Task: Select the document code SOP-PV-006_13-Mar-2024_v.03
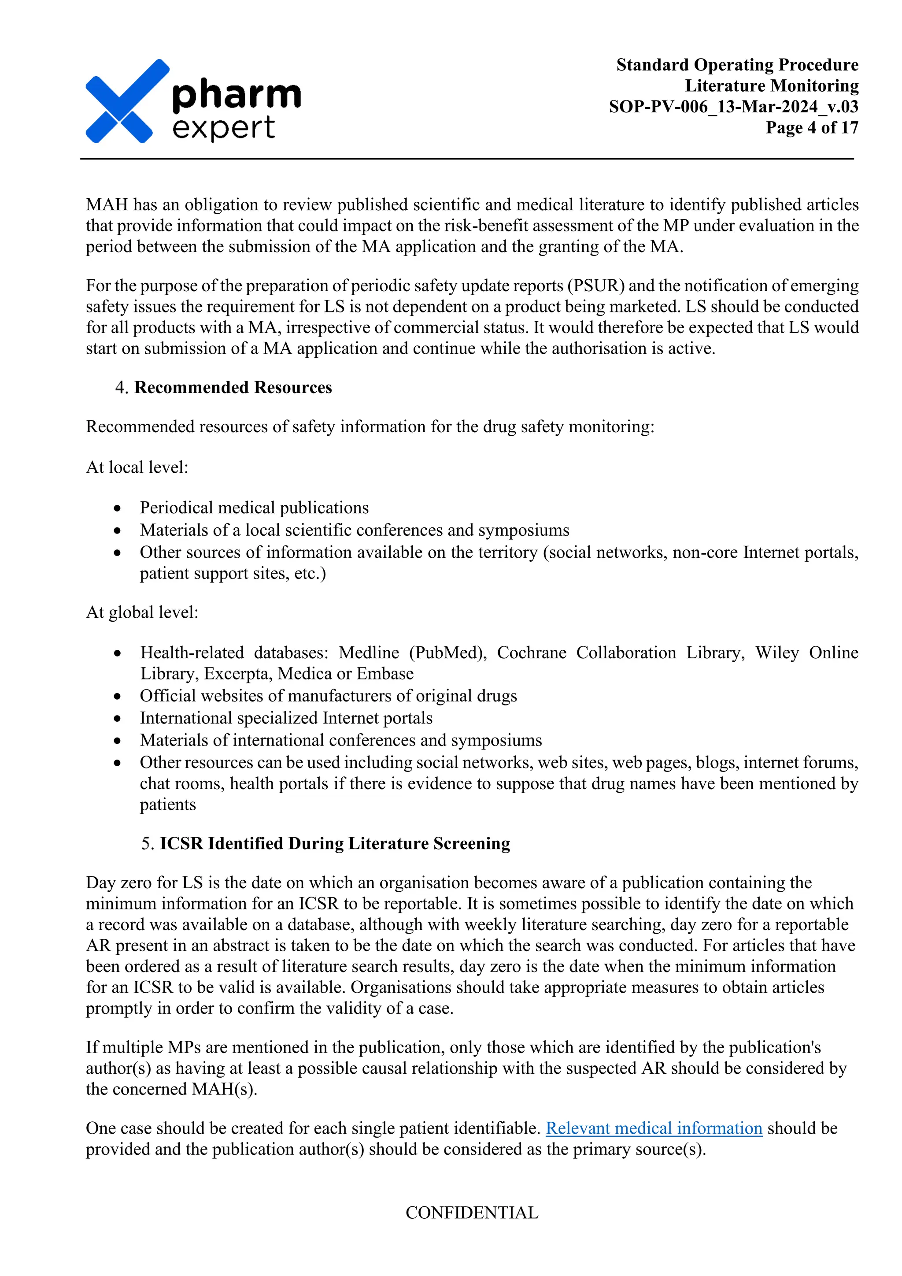pyautogui.click(x=733, y=106)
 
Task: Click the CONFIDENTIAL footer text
pyautogui.click(x=472, y=1213)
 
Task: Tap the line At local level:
pyautogui.click(x=137, y=467)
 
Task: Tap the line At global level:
pyautogui.click(x=142, y=612)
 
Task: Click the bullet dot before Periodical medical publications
pyautogui.click(x=117, y=508)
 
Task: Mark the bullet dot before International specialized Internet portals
pyautogui.click(x=117, y=718)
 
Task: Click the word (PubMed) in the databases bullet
pyautogui.click(x=447, y=653)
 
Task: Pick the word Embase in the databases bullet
pyautogui.click(x=385, y=674)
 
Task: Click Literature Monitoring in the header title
pyautogui.click(x=772, y=85)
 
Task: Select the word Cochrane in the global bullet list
pyautogui.click(x=531, y=653)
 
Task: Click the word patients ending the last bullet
pyautogui.click(x=168, y=804)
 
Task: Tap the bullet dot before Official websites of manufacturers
pyautogui.click(x=117, y=696)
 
